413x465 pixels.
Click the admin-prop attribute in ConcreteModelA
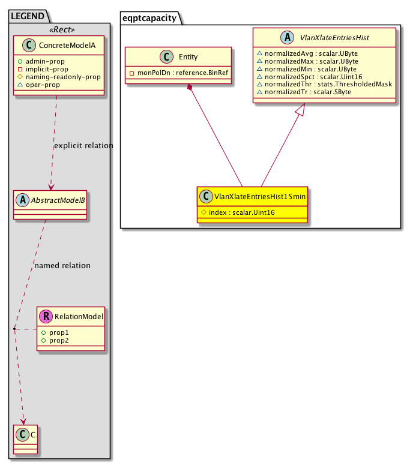pyautogui.click(x=47, y=61)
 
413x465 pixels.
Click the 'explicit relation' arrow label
pyautogui.click(x=83, y=146)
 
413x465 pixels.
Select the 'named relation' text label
pyautogui.click(x=62, y=265)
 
